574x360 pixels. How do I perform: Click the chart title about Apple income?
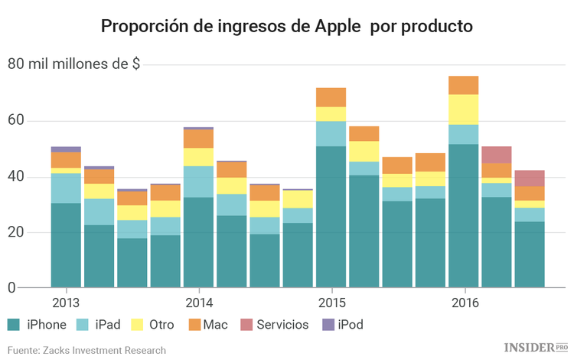[x=287, y=26]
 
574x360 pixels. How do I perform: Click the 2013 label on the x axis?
[x=66, y=302]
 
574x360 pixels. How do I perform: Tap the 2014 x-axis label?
[x=198, y=302]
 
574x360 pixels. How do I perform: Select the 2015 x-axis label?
[x=331, y=302]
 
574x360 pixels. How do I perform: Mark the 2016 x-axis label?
[x=463, y=302]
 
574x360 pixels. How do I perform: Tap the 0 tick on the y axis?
[x=11, y=288]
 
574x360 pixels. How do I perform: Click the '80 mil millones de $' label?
[x=73, y=64]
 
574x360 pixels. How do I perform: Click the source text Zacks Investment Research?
[x=86, y=350]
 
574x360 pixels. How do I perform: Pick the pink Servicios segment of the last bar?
[x=529, y=178]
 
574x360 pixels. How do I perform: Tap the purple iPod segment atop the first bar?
[x=66, y=149]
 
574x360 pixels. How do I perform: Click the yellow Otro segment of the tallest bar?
[x=463, y=110]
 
